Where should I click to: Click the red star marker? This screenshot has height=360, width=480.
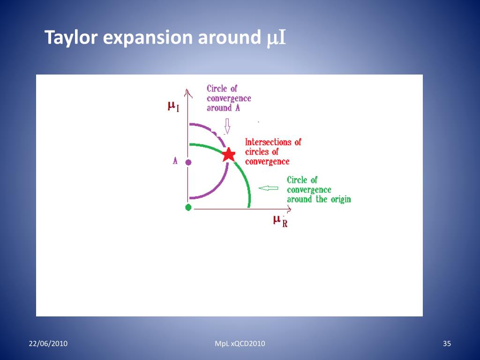pyautogui.click(x=228, y=154)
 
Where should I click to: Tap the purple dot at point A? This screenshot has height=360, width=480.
pyautogui.click(x=188, y=162)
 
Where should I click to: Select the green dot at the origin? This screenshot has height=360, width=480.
pyautogui.click(x=188, y=207)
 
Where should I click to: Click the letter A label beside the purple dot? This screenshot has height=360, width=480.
pyautogui.click(x=175, y=161)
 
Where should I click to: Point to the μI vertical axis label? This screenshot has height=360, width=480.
pyautogui.click(x=173, y=106)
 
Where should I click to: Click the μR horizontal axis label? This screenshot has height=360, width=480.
pyautogui.click(x=280, y=220)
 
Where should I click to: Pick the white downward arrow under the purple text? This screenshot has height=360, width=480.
pyautogui.click(x=228, y=126)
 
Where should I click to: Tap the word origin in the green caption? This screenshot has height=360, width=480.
pyautogui.click(x=338, y=199)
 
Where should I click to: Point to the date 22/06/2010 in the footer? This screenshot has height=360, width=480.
pyautogui.click(x=48, y=344)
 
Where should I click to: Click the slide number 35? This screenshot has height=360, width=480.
pyautogui.click(x=447, y=344)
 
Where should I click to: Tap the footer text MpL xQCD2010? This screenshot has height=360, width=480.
pyautogui.click(x=240, y=344)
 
